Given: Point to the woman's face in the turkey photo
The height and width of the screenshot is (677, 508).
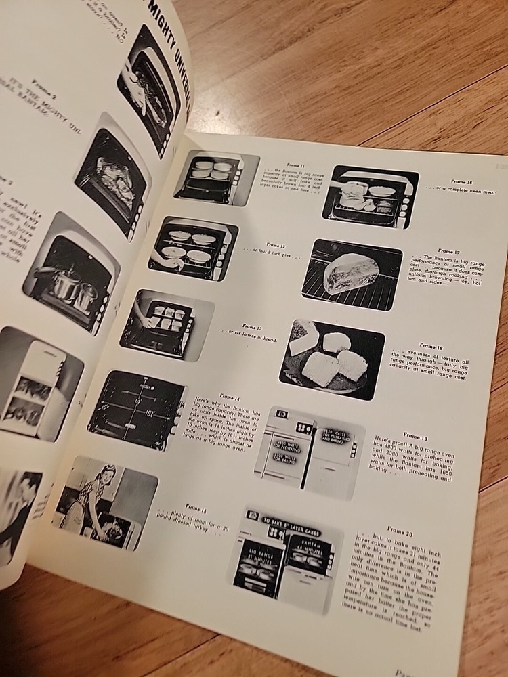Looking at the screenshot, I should point(107,475).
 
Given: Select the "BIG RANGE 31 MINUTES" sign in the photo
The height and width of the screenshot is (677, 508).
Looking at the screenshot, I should point(258,564).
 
